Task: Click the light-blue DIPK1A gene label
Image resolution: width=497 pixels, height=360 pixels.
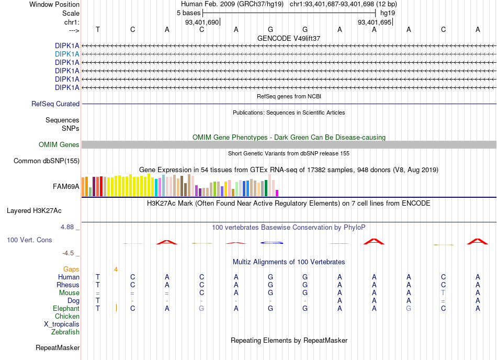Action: [x=67, y=54]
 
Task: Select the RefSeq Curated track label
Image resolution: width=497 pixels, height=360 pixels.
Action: [x=55, y=104]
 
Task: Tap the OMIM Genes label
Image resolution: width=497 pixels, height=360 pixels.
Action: [x=59, y=145]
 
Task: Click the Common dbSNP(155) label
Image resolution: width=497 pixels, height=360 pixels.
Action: [x=47, y=161]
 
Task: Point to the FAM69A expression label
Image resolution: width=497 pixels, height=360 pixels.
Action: [x=66, y=187]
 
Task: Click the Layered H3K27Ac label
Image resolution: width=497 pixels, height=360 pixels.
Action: [x=34, y=211]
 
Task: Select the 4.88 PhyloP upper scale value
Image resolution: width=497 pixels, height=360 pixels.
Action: [x=67, y=227]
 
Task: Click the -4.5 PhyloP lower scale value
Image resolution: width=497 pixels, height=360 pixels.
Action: [x=68, y=253]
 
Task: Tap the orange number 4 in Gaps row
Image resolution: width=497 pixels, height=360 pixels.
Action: [x=116, y=269]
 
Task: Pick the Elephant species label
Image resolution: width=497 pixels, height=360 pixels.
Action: [x=66, y=309]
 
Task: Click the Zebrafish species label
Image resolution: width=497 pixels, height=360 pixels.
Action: [x=65, y=332]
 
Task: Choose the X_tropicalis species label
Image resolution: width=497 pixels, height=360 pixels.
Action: [x=62, y=324]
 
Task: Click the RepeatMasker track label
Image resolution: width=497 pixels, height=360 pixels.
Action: [x=58, y=348]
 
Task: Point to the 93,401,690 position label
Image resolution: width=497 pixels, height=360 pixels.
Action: [x=202, y=22]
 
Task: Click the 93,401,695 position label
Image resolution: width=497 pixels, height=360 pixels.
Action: [x=375, y=22]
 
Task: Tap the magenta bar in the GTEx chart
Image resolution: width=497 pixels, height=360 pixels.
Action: [x=277, y=193]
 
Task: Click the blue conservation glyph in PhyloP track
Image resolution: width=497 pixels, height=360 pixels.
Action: [x=272, y=243]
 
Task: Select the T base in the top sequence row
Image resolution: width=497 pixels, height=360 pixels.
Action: [x=98, y=30]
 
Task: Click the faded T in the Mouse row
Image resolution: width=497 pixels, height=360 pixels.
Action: [x=443, y=293]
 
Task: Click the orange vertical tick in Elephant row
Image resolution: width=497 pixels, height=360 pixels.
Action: [x=116, y=307]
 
